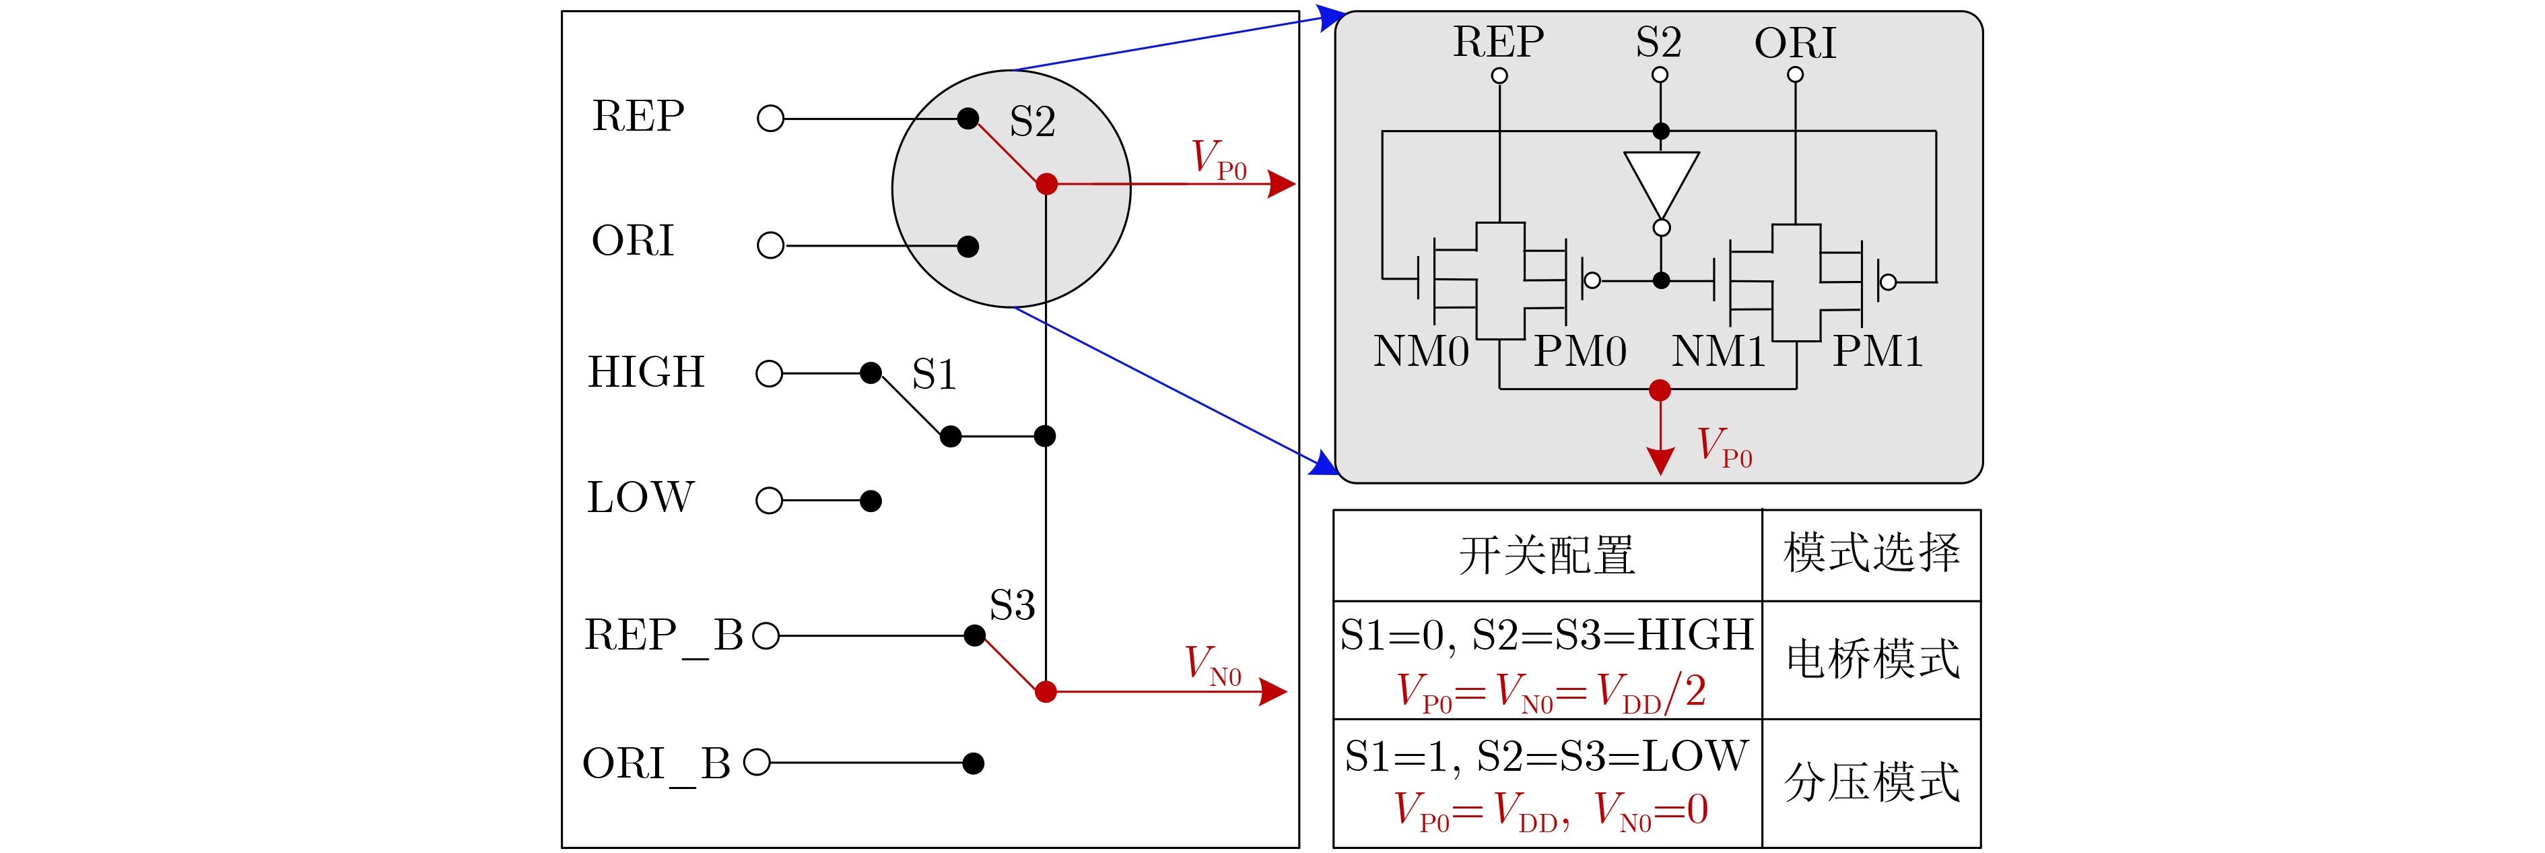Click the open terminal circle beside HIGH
tap(769, 374)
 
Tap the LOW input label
tap(640, 497)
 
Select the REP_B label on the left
tap(663, 635)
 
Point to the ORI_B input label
tap(656, 764)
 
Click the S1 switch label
tap(934, 375)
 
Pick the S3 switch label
tap(1012, 605)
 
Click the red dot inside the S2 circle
tap(1046, 184)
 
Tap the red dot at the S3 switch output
tap(1045, 692)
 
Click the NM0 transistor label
tap(1421, 352)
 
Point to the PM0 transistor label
tap(1580, 352)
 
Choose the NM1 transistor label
tap(1718, 352)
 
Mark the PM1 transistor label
tap(1877, 352)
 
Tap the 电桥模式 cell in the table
tap(1871, 659)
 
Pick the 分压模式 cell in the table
tap(1871, 783)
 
